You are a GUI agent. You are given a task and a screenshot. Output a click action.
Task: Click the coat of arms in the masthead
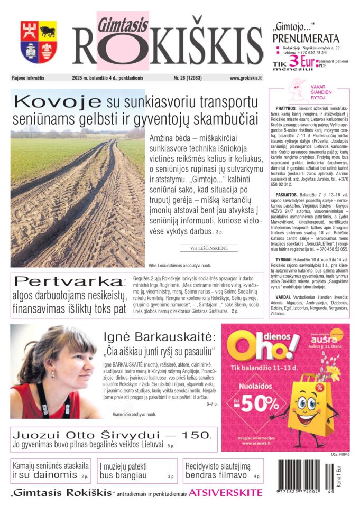pos(39,42)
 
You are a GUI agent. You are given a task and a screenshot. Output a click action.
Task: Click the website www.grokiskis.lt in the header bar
pos(246,78)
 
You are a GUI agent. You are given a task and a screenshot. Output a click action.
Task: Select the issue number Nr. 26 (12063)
pos(188,78)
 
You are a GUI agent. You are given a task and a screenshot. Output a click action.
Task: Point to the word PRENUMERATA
pos(306,39)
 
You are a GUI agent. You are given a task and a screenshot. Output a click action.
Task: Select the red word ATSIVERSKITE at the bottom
pos(225,493)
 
